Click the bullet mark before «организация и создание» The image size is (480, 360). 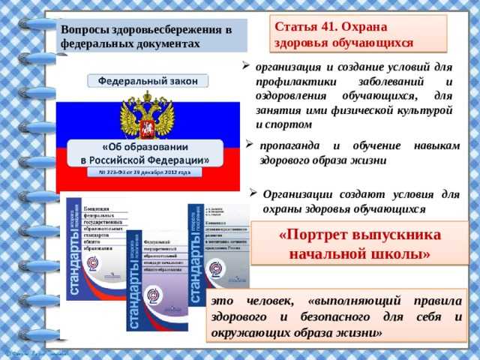click(246, 64)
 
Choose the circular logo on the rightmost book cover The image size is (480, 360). click(216, 267)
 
